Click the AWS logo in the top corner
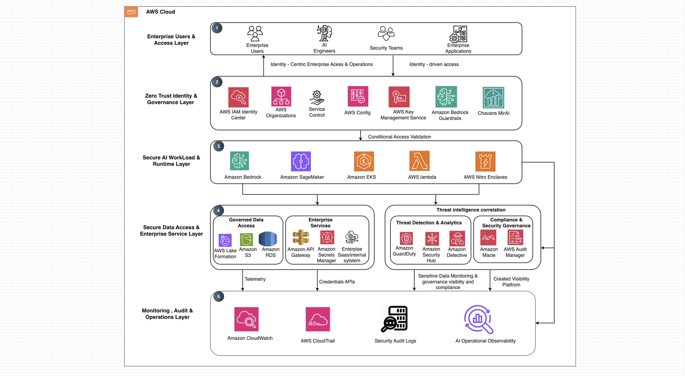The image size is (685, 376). click(x=131, y=12)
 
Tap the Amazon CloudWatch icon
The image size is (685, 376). click(x=246, y=319)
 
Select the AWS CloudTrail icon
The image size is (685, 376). click(x=318, y=319)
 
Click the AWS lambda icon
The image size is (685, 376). click(x=419, y=161)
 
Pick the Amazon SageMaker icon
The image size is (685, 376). click(x=301, y=161)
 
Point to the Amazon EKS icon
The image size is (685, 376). click(x=364, y=161)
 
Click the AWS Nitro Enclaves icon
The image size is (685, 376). click(x=485, y=161)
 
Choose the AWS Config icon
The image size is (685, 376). click(x=358, y=96)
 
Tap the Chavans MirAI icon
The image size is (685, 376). click(x=493, y=98)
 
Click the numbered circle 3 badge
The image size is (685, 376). click(x=219, y=146)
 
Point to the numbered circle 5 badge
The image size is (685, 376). click(x=219, y=297)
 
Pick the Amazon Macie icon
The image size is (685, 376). click(x=488, y=237)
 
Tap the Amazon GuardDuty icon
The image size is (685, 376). click(x=406, y=238)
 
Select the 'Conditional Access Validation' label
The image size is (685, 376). click(x=399, y=137)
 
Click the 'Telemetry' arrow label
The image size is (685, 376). click(x=255, y=279)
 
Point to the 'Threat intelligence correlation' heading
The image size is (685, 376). click(x=471, y=210)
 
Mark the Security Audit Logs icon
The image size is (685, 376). click(x=394, y=319)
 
